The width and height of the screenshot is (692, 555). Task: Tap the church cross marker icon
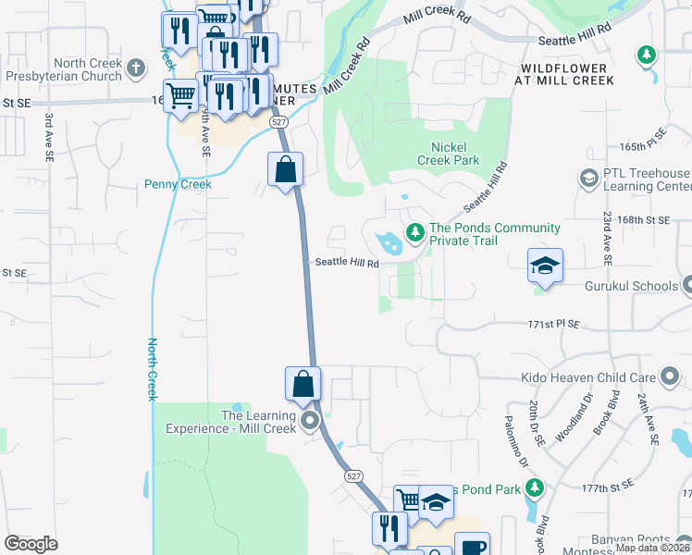coord(136,68)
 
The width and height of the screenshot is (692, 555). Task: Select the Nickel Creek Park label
coord(455,154)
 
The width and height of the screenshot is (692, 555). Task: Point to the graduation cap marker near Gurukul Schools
coord(545,265)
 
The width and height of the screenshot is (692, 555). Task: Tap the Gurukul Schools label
coord(631,286)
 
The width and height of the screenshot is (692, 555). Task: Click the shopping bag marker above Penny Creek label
coord(285,170)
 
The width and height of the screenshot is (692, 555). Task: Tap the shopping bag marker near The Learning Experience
coord(303,384)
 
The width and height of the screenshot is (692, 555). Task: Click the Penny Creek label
coord(178,184)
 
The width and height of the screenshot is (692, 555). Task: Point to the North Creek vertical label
coord(152,369)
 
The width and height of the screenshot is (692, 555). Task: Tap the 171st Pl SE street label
coord(553,325)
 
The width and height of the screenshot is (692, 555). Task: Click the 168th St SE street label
coord(644,220)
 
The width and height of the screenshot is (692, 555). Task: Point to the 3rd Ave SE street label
coord(46,136)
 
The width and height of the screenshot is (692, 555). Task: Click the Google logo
coord(31,544)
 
